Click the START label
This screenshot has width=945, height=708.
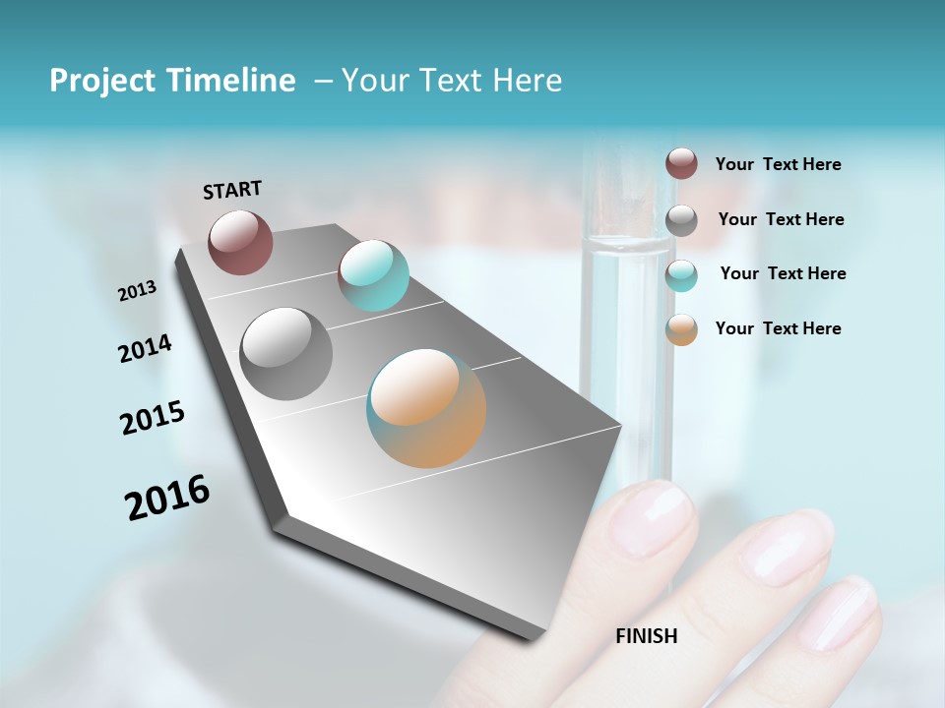pos(232,190)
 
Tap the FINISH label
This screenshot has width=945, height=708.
pos(647,636)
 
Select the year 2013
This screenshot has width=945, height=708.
pos(137,291)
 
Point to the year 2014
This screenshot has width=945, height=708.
pos(145,348)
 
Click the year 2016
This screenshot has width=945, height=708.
pos(167,497)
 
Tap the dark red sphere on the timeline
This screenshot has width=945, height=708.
pos(240,242)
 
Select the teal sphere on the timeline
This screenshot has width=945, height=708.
pos(373,275)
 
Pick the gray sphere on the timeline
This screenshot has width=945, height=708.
pos(285,354)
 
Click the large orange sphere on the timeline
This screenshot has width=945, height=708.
pos(426,408)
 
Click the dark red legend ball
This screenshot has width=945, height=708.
pos(681,163)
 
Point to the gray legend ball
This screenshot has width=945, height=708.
pos(681,220)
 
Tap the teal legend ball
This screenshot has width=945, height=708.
pos(681,275)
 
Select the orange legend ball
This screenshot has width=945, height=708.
pos(681,329)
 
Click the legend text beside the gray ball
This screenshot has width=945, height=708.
pos(781,219)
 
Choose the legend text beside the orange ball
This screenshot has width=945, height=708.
pos(778,328)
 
